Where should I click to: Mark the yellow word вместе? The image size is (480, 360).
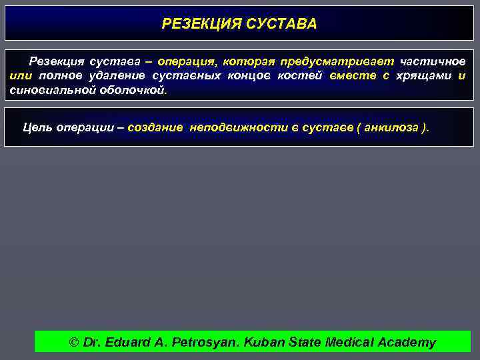[x=353, y=76]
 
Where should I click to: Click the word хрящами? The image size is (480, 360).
[x=423, y=76]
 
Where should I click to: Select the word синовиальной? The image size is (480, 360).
[x=48, y=90]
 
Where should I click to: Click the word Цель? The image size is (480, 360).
[x=38, y=127]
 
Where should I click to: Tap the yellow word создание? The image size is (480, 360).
[x=155, y=127]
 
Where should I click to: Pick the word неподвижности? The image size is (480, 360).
[x=237, y=127]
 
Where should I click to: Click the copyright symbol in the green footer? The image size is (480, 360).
[x=74, y=343]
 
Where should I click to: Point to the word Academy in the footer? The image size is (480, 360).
[x=407, y=343]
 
